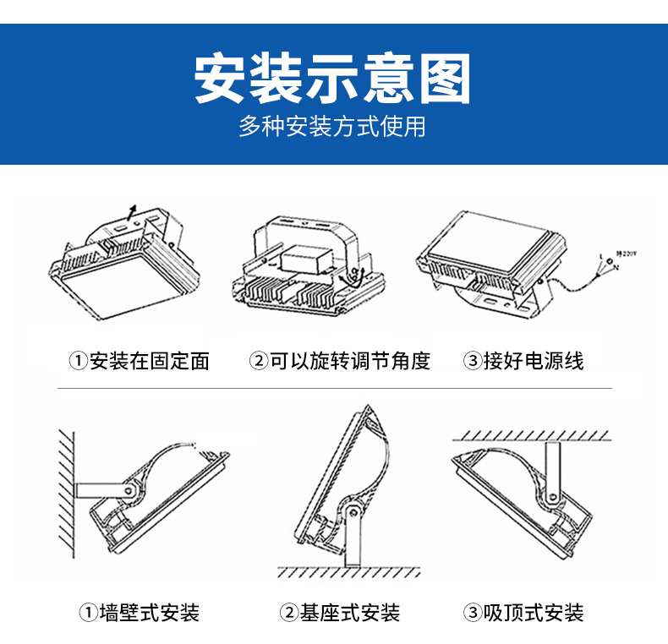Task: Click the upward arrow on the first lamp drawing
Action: pos(129,210)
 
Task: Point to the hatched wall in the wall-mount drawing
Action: pos(67,490)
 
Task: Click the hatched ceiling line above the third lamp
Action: pos(531,434)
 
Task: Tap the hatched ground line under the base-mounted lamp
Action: pos(348,572)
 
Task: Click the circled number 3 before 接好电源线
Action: pos(472,362)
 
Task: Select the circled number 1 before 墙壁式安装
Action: pos(88,613)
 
